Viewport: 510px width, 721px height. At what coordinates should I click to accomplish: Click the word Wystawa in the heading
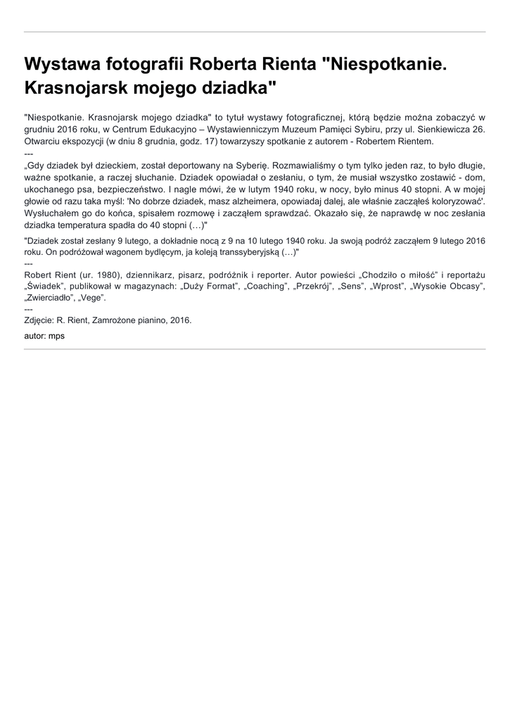(x=65, y=65)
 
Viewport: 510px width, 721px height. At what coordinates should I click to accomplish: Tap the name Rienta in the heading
(x=282, y=65)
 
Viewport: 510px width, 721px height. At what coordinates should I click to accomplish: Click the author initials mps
(x=56, y=336)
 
